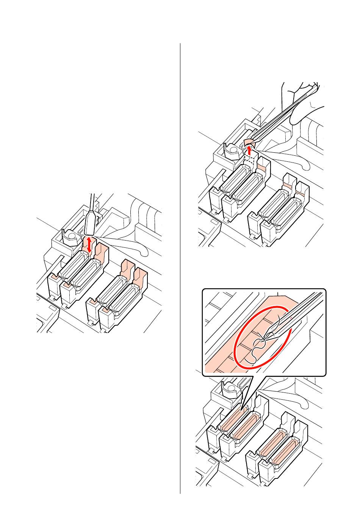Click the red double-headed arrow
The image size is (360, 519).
point(89,245)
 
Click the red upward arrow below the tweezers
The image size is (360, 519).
point(249,152)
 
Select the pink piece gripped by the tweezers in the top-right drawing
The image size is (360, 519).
point(248,143)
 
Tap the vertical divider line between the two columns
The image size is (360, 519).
point(180,265)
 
